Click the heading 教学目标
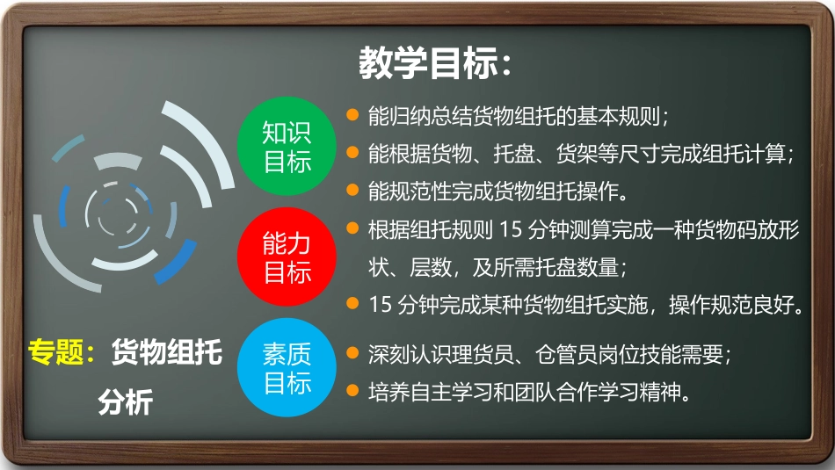tap(434, 63)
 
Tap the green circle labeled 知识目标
tap(287, 148)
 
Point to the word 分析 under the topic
tap(126, 402)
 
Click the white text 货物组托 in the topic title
tap(166, 354)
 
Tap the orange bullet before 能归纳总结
tap(352, 115)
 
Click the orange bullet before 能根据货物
tap(352, 153)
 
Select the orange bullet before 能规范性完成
tap(352, 190)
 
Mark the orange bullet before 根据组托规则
tap(352, 229)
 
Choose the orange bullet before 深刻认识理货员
tap(352, 354)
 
